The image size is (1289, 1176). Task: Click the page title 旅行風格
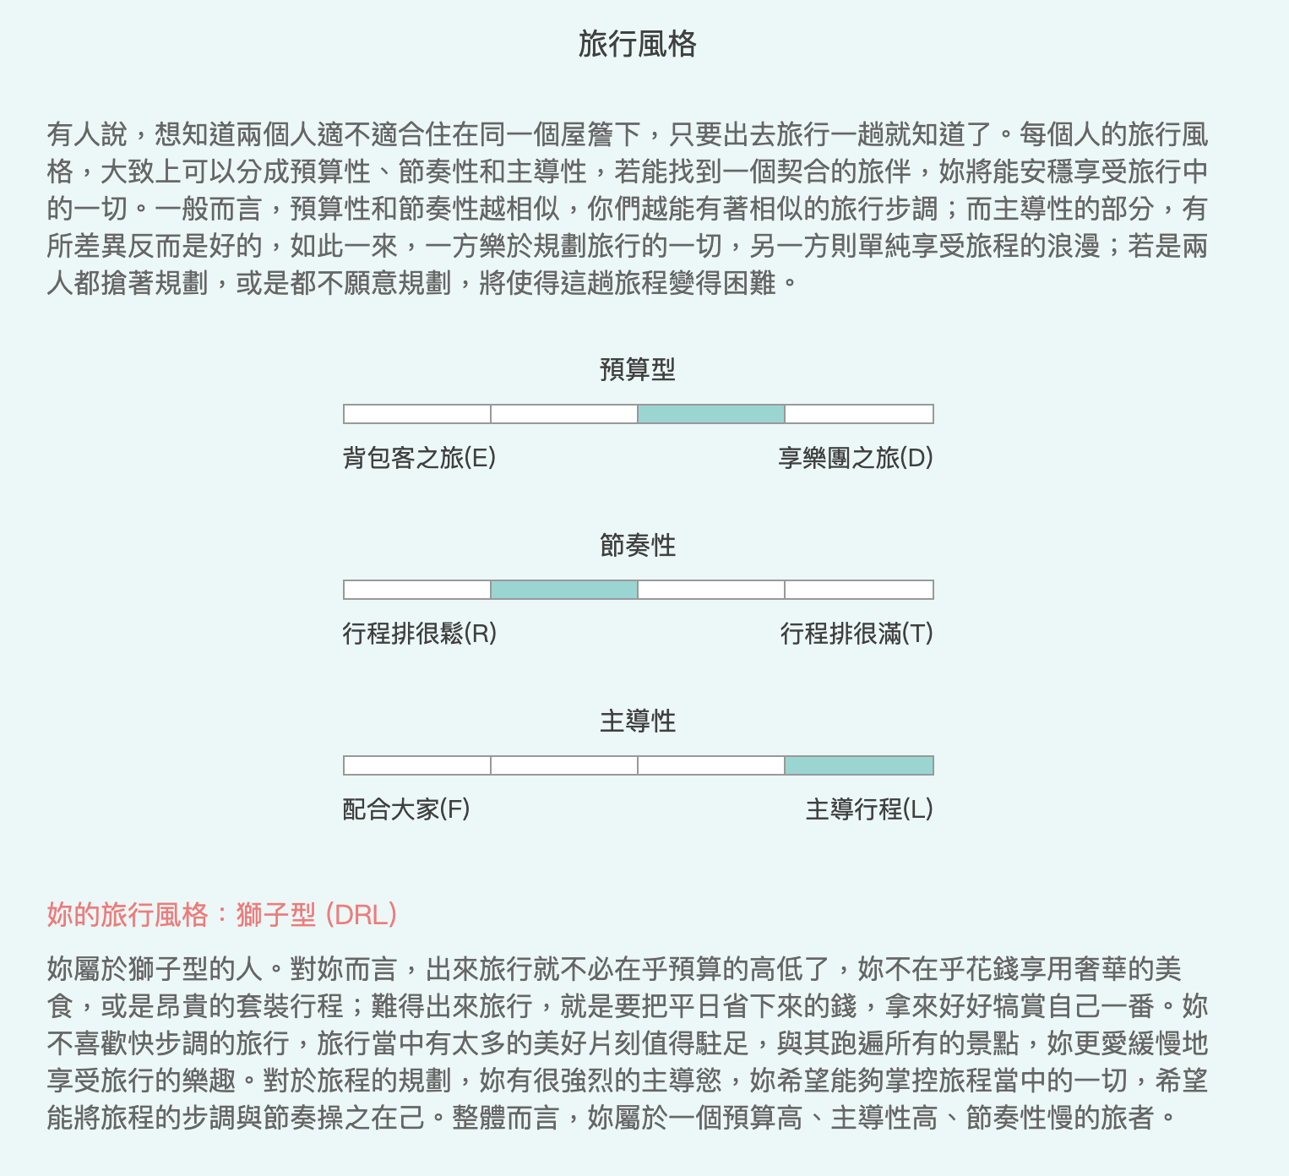[x=638, y=45]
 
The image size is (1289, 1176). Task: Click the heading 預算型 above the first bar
[x=638, y=370]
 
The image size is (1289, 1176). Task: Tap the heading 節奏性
[x=638, y=545]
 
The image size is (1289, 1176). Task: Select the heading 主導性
[x=638, y=721]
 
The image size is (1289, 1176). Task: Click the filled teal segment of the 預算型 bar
[x=711, y=414]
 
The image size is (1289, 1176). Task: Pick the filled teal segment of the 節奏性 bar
[x=564, y=590]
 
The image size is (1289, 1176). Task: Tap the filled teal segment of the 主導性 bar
[x=859, y=765]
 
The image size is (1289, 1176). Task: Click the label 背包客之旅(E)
[x=419, y=458]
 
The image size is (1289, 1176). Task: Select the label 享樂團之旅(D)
[x=856, y=458]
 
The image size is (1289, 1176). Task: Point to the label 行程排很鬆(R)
[x=420, y=634]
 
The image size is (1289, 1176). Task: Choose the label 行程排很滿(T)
[x=857, y=634]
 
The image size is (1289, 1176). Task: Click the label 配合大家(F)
[x=406, y=808]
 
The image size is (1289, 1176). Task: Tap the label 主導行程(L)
[x=869, y=808]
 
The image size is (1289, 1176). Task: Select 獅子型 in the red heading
[x=275, y=914]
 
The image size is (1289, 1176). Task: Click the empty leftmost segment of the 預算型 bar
[x=417, y=414]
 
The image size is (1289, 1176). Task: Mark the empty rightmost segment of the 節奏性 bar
[x=859, y=590]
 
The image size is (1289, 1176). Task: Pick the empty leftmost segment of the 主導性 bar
[x=417, y=765]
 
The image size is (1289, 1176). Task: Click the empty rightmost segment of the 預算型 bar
[x=859, y=414]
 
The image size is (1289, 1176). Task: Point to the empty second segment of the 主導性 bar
[x=564, y=765]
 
